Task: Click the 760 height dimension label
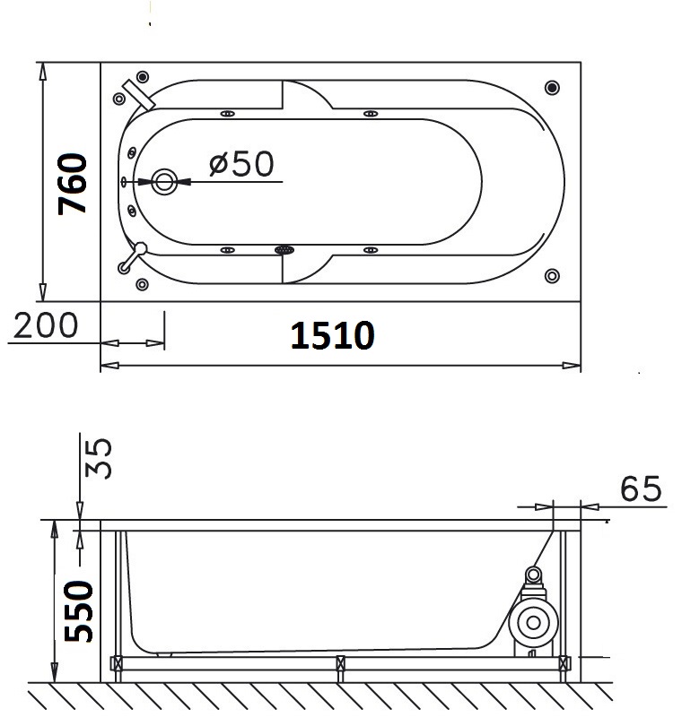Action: [74, 184]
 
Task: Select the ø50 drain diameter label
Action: [240, 163]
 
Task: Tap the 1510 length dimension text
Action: [332, 335]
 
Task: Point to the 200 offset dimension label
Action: [45, 325]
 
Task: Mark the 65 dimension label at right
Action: [641, 489]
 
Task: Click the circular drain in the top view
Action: [164, 182]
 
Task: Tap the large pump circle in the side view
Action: [532, 622]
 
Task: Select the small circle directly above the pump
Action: [534, 575]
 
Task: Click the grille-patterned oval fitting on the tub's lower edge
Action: [285, 250]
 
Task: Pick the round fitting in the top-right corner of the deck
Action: [552, 88]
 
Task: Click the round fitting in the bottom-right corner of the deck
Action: [552, 276]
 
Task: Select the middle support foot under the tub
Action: [340, 664]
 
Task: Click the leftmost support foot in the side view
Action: [116, 664]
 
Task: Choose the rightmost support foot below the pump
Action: [564, 664]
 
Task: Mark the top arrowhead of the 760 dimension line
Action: [42, 71]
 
